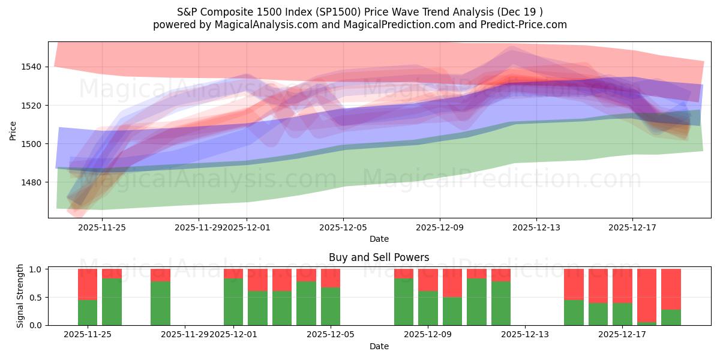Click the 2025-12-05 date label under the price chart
pyautogui.click(x=343, y=227)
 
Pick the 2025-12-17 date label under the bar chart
pyautogui.click(x=622, y=334)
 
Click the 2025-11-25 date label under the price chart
pyautogui.click(x=102, y=227)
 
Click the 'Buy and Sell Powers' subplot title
pyautogui.click(x=379, y=257)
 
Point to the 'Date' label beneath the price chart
pyautogui.click(x=379, y=239)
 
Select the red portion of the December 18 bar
pyautogui.click(x=647, y=295)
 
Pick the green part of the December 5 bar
pyautogui.click(x=331, y=306)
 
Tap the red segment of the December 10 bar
pyautogui.click(x=452, y=283)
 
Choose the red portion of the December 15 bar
pyautogui.click(x=574, y=284)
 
